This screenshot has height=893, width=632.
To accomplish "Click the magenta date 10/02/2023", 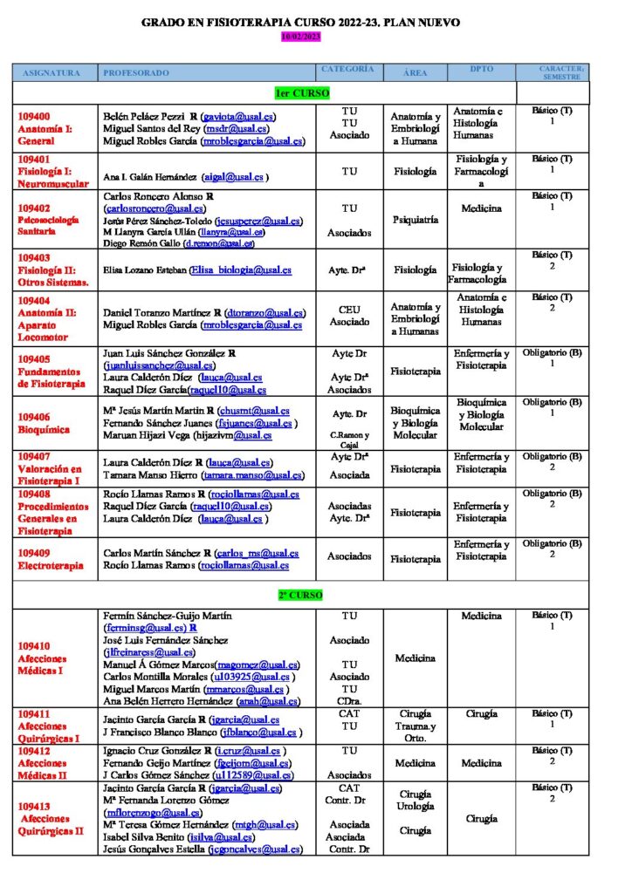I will [x=301, y=36].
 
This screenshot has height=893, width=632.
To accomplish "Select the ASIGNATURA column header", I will [x=52, y=72].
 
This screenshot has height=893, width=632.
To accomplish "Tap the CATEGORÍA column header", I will [x=348, y=69].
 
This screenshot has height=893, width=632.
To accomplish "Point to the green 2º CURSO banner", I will [x=300, y=595].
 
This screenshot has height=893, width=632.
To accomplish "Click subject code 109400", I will [x=34, y=116].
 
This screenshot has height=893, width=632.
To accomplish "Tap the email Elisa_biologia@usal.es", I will [x=242, y=270].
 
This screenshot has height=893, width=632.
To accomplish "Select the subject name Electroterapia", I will [x=51, y=565].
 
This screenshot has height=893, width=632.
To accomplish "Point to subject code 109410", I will [x=34, y=646].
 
